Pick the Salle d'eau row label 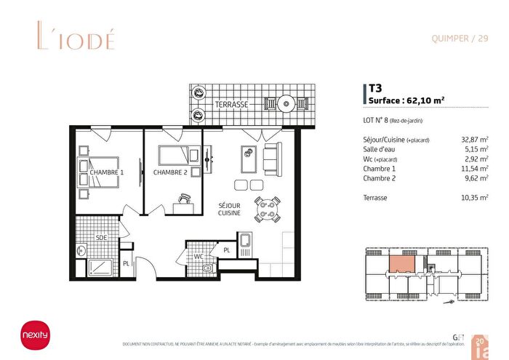[x=381, y=149]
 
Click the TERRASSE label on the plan [x=232, y=105]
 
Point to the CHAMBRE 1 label [x=107, y=172]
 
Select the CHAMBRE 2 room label [x=171, y=172]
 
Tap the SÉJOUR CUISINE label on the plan [x=230, y=209]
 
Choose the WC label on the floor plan [x=198, y=256]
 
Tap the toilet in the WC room [x=209, y=268]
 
